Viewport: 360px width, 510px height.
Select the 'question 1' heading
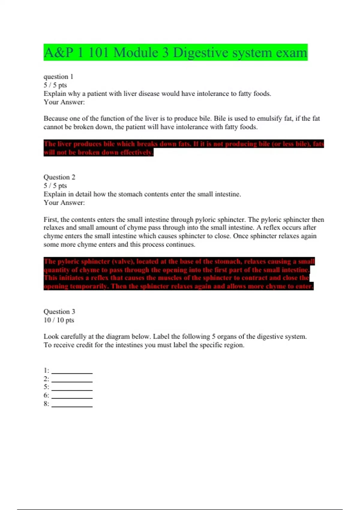point(58,77)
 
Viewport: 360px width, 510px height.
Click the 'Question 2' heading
point(59,177)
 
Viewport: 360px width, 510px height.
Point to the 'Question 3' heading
point(59,312)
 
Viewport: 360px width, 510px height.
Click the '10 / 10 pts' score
point(58,320)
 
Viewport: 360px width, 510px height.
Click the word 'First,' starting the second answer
point(51,220)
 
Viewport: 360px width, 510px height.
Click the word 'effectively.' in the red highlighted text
point(137,152)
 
